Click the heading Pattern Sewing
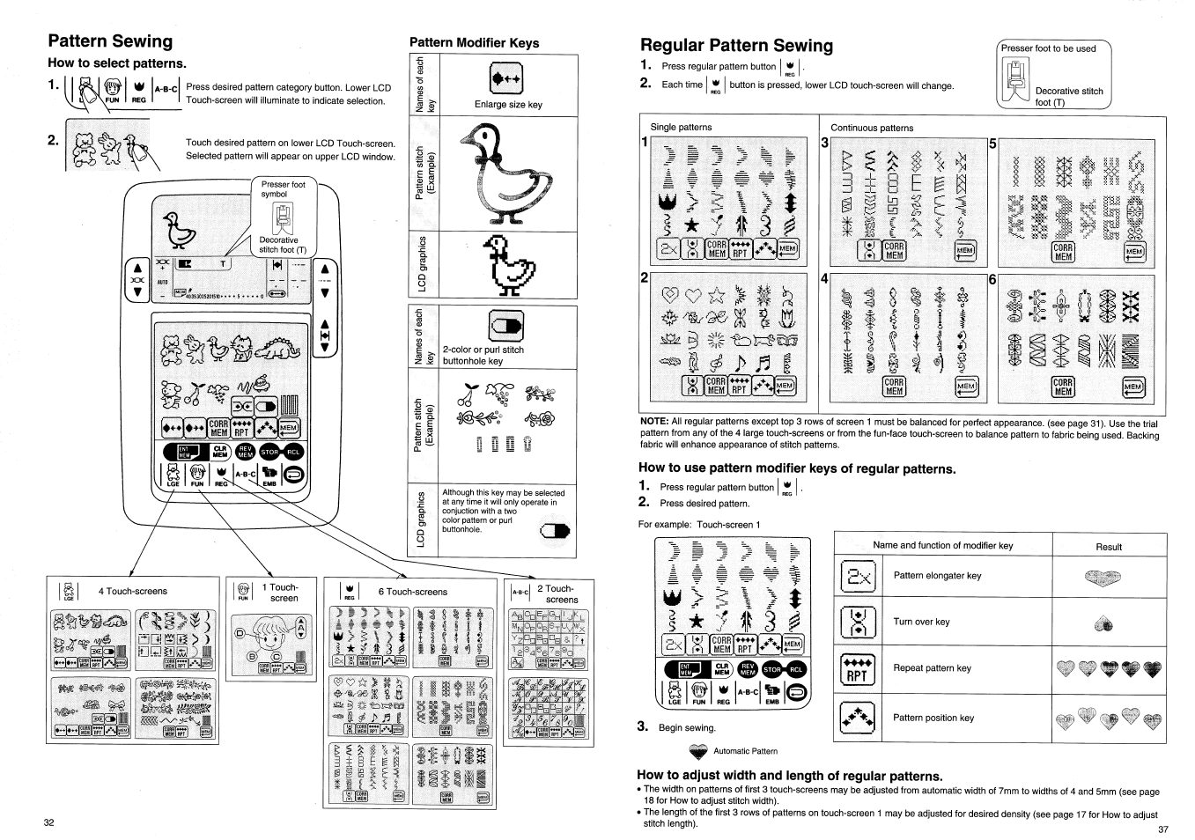tap(110, 41)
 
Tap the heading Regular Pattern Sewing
tap(736, 45)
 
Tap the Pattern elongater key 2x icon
tap(857, 576)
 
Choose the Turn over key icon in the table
tap(857, 622)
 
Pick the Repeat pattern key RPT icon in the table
tap(857, 668)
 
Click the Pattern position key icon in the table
tap(857, 718)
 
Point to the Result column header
tap(1109, 547)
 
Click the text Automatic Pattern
tap(745, 751)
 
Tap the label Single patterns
tap(681, 127)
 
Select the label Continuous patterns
tap(872, 128)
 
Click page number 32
tap(49, 822)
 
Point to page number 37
tap(1162, 829)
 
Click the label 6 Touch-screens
tap(412, 592)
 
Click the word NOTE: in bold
tap(654, 422)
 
